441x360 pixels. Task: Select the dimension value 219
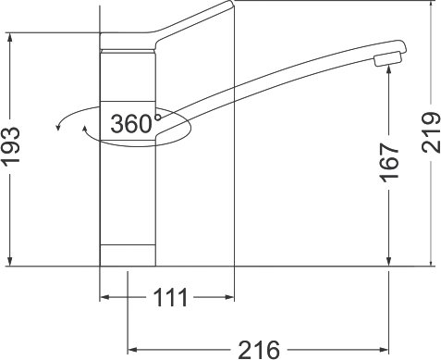(431, 132)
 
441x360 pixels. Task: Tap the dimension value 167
(389, 163)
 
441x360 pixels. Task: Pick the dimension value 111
(170, 297)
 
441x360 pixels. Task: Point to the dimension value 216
(259, 350)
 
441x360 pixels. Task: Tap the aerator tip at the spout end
(388, 59)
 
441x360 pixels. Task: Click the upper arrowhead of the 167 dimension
(388, 70)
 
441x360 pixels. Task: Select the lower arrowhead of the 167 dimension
(388, 261)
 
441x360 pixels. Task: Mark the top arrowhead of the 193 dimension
(10, 37)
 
